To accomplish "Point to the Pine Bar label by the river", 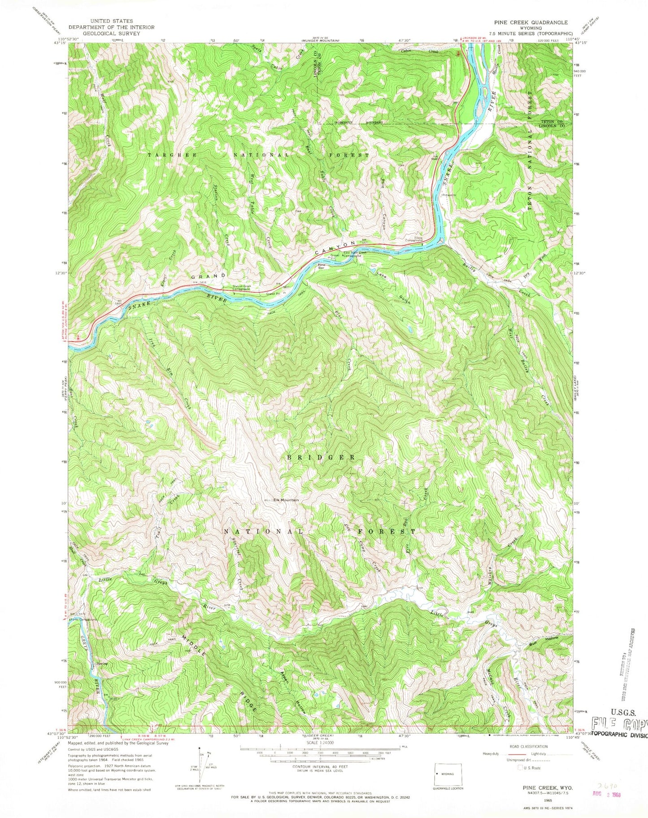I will pos(321,266).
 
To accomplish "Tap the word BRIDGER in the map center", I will pos(322,457).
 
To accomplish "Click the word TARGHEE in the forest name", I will pos(166,155).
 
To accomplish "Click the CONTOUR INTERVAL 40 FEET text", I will pos(320,766).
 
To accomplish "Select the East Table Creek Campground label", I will pos(355,254).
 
